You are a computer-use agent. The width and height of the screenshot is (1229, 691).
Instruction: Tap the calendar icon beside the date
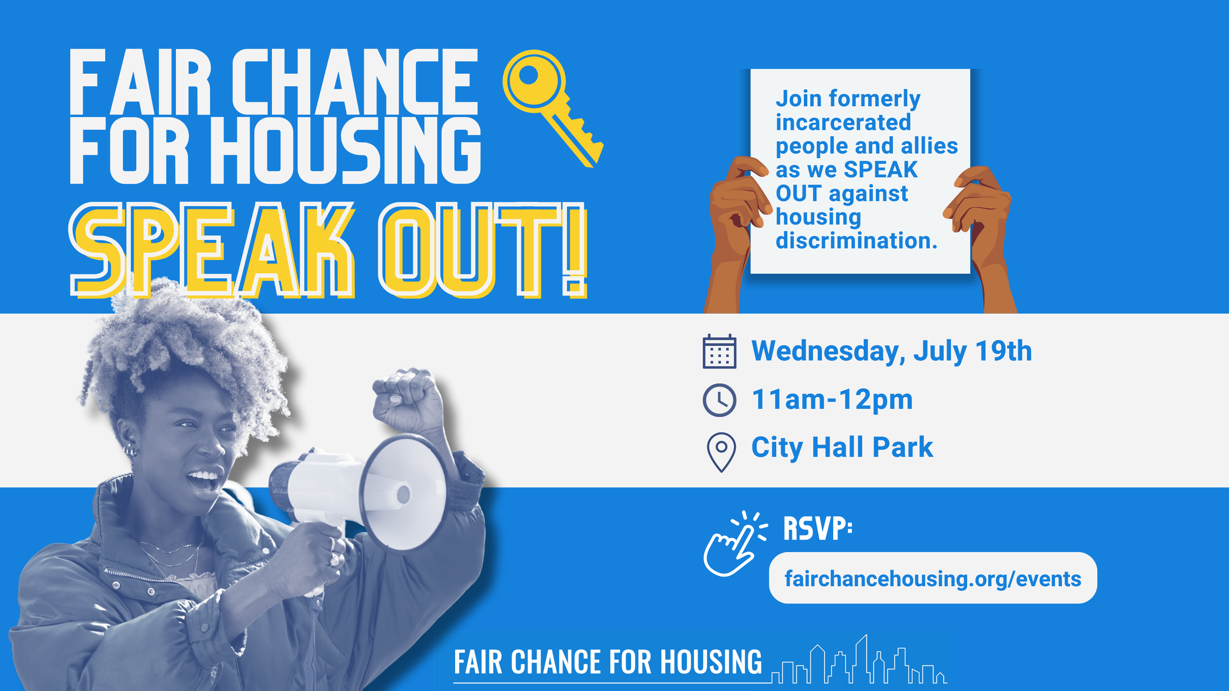coord(719,351)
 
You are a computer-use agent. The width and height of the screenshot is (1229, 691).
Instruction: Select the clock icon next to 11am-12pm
coord(719,400)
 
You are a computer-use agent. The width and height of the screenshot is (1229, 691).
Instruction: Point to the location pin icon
coord(721,451)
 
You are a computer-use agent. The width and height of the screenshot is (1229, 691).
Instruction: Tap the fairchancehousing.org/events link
coord(933,578)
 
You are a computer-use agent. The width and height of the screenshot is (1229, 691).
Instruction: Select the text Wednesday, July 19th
coord(891,351)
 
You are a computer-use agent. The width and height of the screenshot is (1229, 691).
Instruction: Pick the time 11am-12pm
coord(832,400)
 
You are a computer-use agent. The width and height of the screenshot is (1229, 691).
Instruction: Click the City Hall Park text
coord(842,448)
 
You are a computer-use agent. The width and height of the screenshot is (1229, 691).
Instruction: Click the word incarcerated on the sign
coord(843,122)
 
